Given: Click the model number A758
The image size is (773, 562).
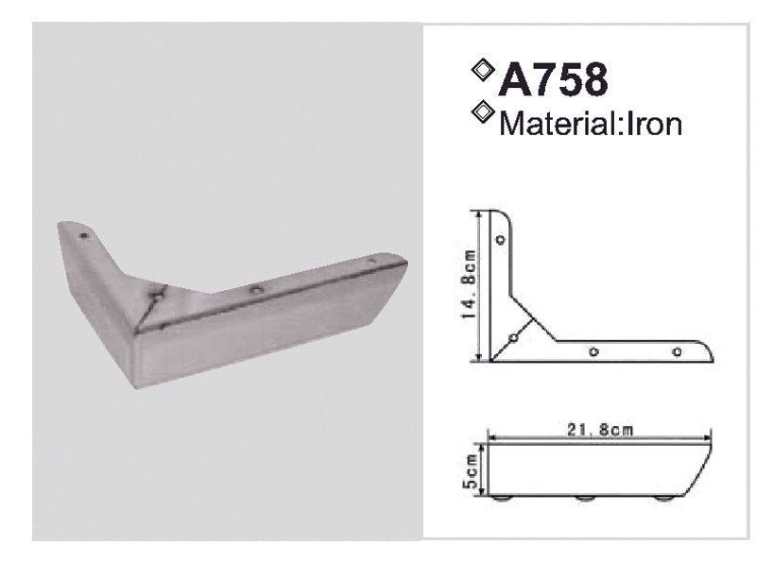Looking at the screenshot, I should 553,80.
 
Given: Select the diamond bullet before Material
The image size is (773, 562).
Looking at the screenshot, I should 484,113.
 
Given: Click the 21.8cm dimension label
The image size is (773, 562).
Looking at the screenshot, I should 602,430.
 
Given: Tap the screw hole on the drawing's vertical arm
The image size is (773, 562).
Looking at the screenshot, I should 501,240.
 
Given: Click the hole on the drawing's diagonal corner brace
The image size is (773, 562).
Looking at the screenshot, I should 513,335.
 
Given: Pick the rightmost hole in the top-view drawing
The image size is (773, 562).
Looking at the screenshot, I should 677,351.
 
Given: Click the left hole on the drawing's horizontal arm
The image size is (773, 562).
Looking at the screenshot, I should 593,351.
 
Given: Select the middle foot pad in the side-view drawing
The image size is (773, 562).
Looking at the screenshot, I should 586,498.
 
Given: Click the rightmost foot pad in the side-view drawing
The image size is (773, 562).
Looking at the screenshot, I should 666,498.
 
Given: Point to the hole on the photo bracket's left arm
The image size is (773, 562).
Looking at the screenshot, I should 83,232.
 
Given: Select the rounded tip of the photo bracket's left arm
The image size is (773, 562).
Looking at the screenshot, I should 64,227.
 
